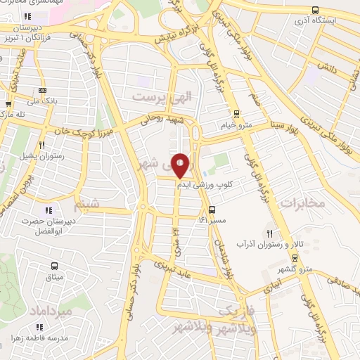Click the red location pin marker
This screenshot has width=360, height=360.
click(181, 165)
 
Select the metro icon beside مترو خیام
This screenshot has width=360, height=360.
click(236, 112)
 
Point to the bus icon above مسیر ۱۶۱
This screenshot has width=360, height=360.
click(211, 209)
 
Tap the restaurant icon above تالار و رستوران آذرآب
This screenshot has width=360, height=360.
click(269, 233)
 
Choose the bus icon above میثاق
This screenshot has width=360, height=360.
click(55, 266)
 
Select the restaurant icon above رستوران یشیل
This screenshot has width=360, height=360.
click(41, 145)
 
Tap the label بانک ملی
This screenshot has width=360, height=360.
click(43, 101)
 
